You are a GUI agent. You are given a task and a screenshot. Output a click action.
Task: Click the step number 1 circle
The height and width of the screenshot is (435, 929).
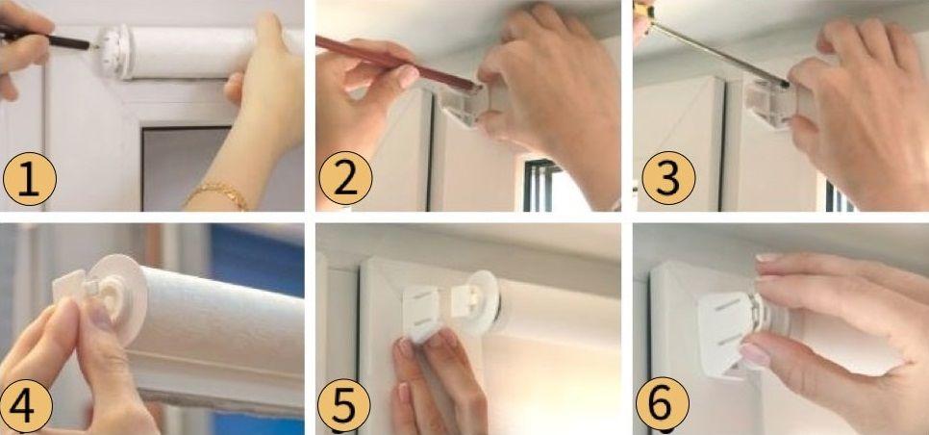pyautogui.click(x=30, y=178)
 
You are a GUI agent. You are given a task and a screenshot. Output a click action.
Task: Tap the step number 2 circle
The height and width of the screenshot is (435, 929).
pyautogui.click(x=346, y=178)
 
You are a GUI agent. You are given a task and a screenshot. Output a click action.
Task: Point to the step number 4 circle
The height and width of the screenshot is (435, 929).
pyautogui.click(x=27, y=406)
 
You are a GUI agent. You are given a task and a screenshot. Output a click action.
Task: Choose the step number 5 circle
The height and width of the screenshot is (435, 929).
pyautogui.click(x=344, y=406)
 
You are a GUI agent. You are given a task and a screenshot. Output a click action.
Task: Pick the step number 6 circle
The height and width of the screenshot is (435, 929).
pyautogui.click(x=663, y=404)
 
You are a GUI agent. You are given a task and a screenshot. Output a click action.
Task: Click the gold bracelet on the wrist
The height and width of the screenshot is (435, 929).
pyautogui.click(x=218, y=194)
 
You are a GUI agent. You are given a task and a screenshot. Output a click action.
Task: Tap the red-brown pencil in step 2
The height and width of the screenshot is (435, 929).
pyautogui.click(x=396, y=63)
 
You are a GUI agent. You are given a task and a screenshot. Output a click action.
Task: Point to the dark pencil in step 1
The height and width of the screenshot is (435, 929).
pyautogui.click(x=46, y=38)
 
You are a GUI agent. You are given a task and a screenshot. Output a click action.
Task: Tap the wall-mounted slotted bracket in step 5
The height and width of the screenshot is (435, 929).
pyautogui.click(x=421, y=312)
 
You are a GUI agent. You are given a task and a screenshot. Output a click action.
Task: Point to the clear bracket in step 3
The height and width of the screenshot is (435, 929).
pyautogui.click(x=770, y=102)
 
